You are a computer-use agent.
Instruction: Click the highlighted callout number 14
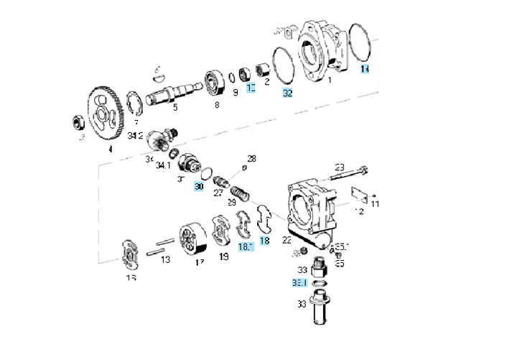click(364, 70)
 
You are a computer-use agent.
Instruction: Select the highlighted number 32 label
click(287, 93)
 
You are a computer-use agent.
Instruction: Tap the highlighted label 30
click(200, 187)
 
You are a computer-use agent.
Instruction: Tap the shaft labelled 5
click(173, 94)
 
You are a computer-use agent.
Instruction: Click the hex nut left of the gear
click(75, 119)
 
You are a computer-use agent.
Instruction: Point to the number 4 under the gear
click(110, 150)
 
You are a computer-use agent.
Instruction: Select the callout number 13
click(165, 259)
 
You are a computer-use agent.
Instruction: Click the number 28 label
click(251, 158)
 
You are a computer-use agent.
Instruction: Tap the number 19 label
click(224, 256)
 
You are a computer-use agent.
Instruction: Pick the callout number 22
click(287, 239)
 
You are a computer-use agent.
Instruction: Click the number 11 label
click(375, 204)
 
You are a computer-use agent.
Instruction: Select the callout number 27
click(218, 193)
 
